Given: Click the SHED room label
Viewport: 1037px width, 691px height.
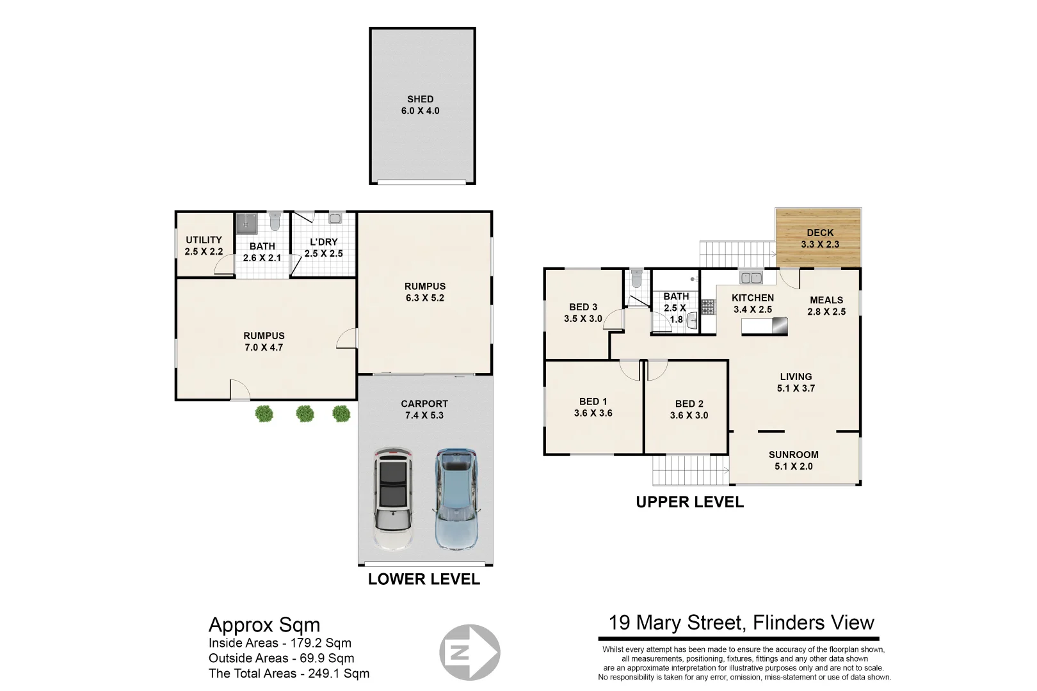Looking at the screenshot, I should pos(420,99).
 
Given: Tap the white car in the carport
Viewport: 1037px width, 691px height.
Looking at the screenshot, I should pos(393,499).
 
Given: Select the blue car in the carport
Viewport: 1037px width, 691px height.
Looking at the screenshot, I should pos(456,499).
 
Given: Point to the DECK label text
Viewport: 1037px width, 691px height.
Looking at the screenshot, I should pos(820,233).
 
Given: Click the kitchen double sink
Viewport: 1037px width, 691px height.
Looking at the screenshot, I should pos(751,278).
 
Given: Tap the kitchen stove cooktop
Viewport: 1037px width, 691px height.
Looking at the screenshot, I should pos(707,307).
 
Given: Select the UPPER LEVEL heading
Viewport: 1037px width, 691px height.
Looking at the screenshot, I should pos(689,502).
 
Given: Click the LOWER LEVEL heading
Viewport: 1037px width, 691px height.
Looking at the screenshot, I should pos(424,579).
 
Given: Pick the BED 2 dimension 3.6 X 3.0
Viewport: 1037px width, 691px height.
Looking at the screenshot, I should pos(689,415).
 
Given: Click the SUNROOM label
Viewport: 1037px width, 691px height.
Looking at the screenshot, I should pos(793,455).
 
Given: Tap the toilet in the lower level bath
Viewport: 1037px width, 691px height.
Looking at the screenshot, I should pos(275,221).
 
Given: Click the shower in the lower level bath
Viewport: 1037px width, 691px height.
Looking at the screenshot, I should pos(246,223).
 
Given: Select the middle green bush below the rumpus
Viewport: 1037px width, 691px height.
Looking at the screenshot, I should pos(305,414).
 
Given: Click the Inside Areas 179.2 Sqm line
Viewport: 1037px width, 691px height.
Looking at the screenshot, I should pos(280,643).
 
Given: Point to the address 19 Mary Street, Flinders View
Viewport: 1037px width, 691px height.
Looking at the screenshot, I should pos(741,623).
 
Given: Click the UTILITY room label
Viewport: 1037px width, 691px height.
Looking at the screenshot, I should pos(204,240).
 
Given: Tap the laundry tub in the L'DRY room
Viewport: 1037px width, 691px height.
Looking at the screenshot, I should pos(335,218).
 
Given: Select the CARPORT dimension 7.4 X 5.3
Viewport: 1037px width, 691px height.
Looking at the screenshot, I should pos(424,415).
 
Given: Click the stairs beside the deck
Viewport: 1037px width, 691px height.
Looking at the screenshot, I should pos(737,253).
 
